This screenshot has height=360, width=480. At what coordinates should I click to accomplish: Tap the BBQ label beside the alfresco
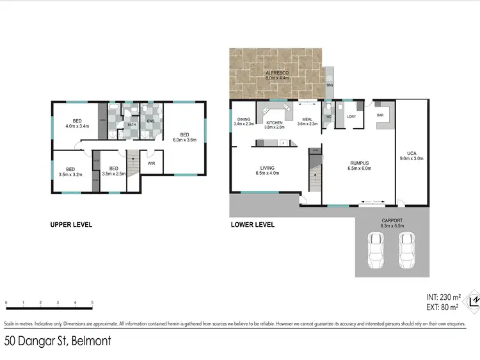330,85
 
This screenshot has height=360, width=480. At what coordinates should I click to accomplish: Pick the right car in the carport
406,250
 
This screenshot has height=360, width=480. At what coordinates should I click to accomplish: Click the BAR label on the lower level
380,115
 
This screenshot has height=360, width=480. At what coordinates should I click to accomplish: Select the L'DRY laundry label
351,117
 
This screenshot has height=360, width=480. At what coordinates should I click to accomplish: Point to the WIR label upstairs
152,163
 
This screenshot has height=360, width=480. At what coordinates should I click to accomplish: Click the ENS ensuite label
150,120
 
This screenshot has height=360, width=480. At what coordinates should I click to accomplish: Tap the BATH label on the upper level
132,125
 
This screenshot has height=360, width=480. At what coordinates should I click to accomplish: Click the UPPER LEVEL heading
71,225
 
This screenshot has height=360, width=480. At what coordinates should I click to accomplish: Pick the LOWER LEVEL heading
252,225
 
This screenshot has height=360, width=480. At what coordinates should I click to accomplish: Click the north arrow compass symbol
474,300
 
